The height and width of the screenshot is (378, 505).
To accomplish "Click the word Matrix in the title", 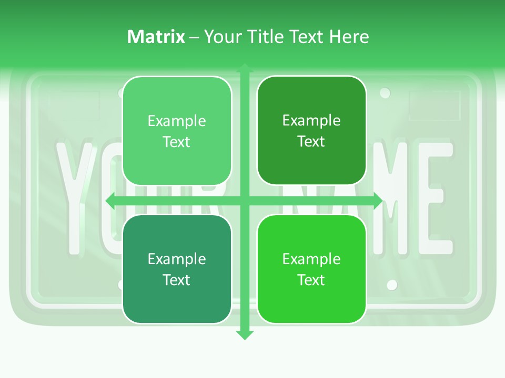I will pos(156,37).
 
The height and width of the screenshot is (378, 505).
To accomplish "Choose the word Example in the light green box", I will pos(177,121).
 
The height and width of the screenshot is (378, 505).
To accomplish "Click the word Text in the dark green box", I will pos(311,142).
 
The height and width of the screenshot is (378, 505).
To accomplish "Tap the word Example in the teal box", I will pos(177,259).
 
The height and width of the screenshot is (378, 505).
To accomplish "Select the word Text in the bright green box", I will pos(311,280).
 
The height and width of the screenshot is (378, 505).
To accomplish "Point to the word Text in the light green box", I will pos(177,142).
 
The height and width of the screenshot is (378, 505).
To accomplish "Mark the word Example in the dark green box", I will pos(311,121).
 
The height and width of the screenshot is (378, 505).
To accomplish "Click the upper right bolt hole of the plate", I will pos(385,93).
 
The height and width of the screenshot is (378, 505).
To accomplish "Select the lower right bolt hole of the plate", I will pos(392,285).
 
